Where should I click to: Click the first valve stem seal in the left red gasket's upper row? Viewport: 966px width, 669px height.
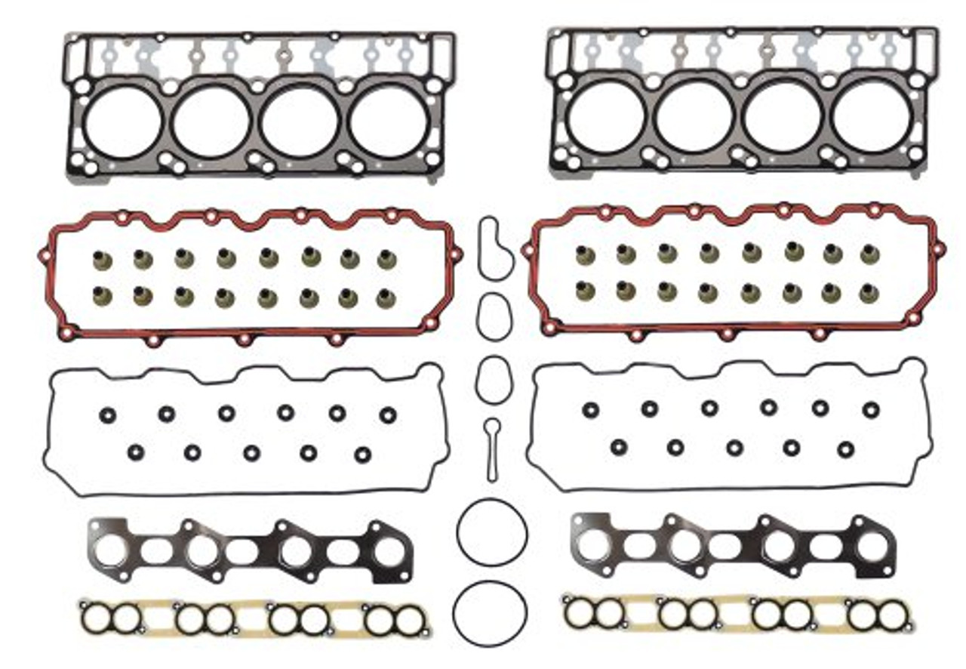pos(102,260)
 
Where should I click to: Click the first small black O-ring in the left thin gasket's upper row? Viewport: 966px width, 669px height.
pos(108,414)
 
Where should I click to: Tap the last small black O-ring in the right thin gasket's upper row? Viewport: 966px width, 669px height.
pos(871,409)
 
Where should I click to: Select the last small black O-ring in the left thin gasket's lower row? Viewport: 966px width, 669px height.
pos(363,455)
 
